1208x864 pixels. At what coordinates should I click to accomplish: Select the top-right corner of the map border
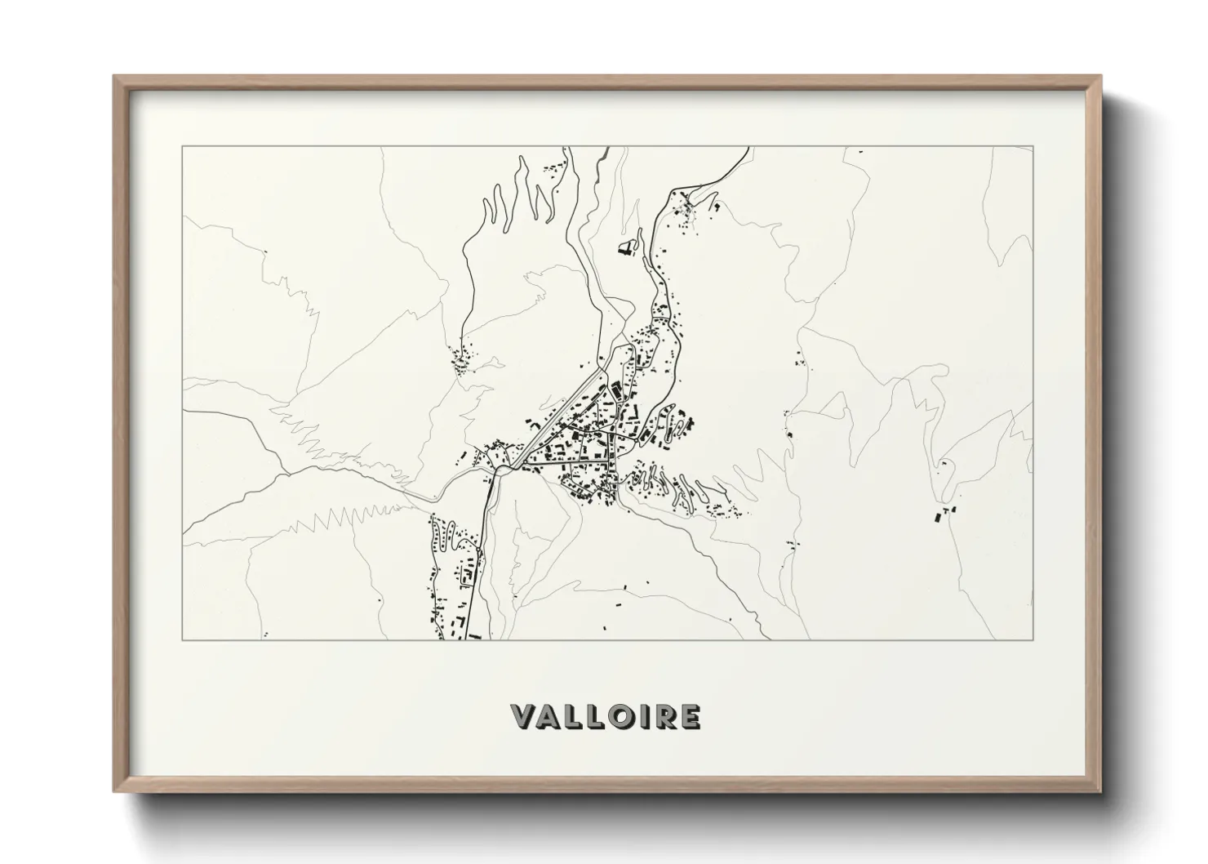(x=1033, y=146)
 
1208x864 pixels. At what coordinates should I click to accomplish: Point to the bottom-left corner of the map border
(x=183, y=639)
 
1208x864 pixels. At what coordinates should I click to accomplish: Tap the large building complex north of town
(x=626, y=248)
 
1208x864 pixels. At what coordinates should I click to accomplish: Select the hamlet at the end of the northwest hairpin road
(x=464, y=359)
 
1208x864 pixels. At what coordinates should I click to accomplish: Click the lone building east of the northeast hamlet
(x=717, y=206)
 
